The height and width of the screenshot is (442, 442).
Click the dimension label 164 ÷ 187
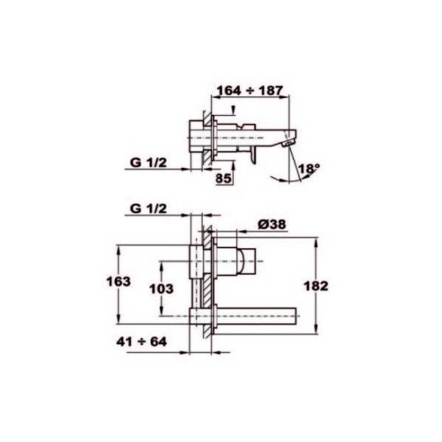[249, 91]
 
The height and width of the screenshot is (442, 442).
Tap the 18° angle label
[309, 169]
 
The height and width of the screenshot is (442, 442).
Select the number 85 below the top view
[223, 178]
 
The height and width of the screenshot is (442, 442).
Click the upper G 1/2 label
[149, 162]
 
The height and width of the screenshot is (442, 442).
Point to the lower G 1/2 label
[149, 209]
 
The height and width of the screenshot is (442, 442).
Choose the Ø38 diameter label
[272, 224]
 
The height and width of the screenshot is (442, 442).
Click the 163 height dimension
[118, 281]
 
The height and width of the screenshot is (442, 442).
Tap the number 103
[162, 289]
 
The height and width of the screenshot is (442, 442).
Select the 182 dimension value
[316, 286]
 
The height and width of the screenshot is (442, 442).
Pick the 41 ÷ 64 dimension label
[141, 342]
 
